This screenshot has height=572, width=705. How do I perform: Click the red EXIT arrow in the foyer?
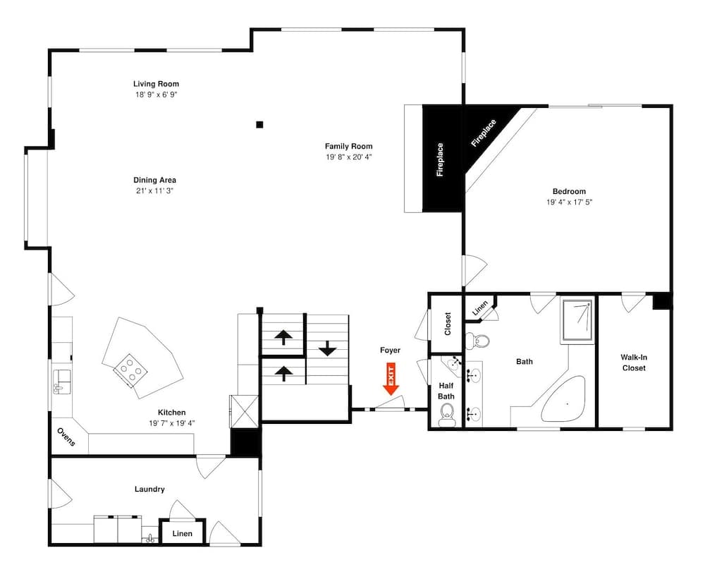tap(391, 379)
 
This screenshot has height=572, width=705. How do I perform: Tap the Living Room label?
tap(156, 84)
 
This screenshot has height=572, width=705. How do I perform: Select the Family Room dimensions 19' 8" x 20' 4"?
tap(348, 157)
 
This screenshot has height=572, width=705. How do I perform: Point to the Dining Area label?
tap(155, 180)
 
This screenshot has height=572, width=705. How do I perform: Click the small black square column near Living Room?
tap(259, 125)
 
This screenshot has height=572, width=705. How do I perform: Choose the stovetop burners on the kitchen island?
tap(129, 368)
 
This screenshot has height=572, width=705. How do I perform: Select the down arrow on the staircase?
tap(327, 348)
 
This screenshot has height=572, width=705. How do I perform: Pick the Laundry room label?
tap(149, 489)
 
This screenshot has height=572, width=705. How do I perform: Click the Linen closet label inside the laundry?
tap(182, 534)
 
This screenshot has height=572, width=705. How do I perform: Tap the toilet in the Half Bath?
tap(446, 420)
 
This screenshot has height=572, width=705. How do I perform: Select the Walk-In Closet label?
tap(633, 363)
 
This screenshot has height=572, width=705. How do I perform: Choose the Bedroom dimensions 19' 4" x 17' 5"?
tap(568, 202)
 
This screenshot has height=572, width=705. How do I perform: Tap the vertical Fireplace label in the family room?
tap(440, 159)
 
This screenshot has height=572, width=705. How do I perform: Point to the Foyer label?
tap(390, 350)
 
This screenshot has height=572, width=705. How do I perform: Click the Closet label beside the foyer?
tap(448, 324)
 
